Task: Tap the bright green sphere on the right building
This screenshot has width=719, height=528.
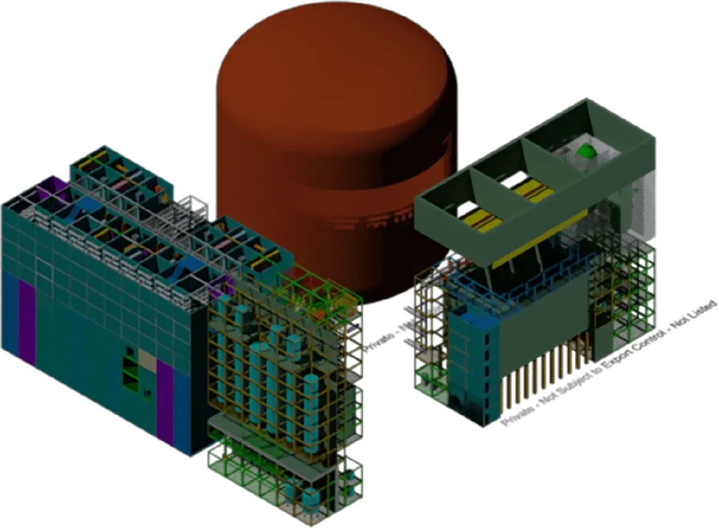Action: [x=588, y=151]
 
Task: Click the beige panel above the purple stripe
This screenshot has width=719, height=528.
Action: [x=147, y=358]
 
